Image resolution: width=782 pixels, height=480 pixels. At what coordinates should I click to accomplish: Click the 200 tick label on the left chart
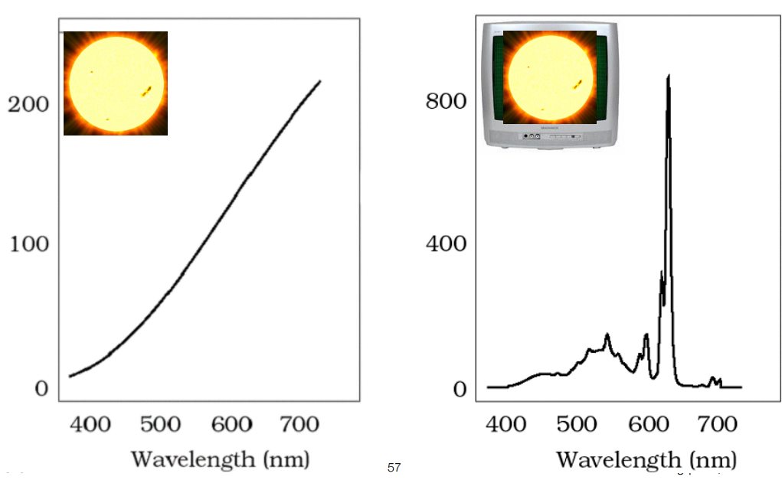tap(28, 104)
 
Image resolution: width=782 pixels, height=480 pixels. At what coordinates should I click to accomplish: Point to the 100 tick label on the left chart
tap(28, 245)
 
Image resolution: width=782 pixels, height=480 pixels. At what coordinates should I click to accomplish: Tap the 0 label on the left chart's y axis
tap(40, 389)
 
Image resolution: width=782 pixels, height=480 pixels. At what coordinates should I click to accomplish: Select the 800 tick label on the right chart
tap(446, 102)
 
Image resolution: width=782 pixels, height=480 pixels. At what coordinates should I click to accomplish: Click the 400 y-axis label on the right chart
tap(446, 245)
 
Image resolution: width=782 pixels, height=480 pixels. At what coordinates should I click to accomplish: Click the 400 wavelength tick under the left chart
tap(91, 423)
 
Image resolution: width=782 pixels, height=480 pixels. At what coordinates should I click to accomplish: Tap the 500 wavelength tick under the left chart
tap(162, 423)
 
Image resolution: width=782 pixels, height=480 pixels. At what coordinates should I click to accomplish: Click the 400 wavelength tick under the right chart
tap(508, 423)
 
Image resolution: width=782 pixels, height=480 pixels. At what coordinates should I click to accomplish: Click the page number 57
tap(394, 467)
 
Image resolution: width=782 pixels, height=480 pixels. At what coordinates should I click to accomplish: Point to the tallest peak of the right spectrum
tap(669, 76)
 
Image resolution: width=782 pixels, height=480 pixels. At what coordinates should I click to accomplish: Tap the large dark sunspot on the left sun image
tap(146, 92)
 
